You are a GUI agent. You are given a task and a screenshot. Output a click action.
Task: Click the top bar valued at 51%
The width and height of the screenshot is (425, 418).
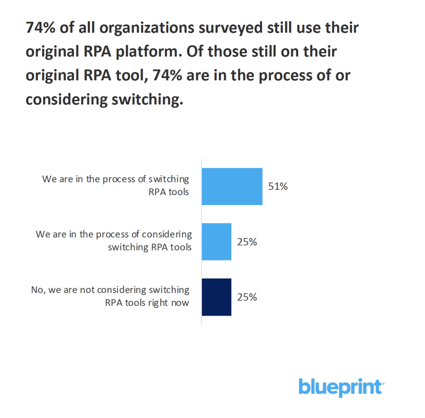tap(232, 186)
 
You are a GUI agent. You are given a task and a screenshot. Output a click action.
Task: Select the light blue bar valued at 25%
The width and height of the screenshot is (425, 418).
tap(216, 241)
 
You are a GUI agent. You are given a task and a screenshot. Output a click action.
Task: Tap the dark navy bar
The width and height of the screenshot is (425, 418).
tap(216, 297)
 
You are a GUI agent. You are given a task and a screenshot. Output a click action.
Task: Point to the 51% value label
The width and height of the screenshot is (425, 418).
tap(278, 186)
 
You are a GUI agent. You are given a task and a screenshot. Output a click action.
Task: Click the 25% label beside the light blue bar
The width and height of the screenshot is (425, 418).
tap(247, 242)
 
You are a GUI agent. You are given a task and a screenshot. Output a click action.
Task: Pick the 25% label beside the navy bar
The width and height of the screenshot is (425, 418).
tap(247, 297)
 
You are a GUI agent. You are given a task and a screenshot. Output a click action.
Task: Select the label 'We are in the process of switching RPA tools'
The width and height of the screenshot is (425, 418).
tap(116, 185)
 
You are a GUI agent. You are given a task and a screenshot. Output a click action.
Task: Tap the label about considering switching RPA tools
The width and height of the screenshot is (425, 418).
tap(113, 240)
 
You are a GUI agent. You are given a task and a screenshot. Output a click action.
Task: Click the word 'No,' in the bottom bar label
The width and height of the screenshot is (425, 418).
tap(38, 290)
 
